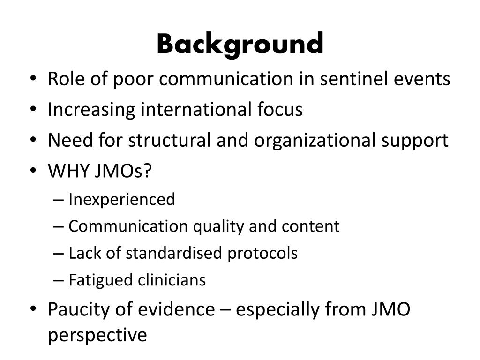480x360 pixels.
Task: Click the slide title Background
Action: pyautogui.click(x=240, y=45)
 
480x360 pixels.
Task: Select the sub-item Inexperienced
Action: pyautogui.click(x=121, y=200)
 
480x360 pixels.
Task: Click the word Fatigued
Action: pyautogui.click(x=101, y=280)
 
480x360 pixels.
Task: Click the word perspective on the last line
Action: pyautogui.click(x=97, y=336)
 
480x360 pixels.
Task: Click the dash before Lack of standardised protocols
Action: pyautogui.click(x=58, y=254)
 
